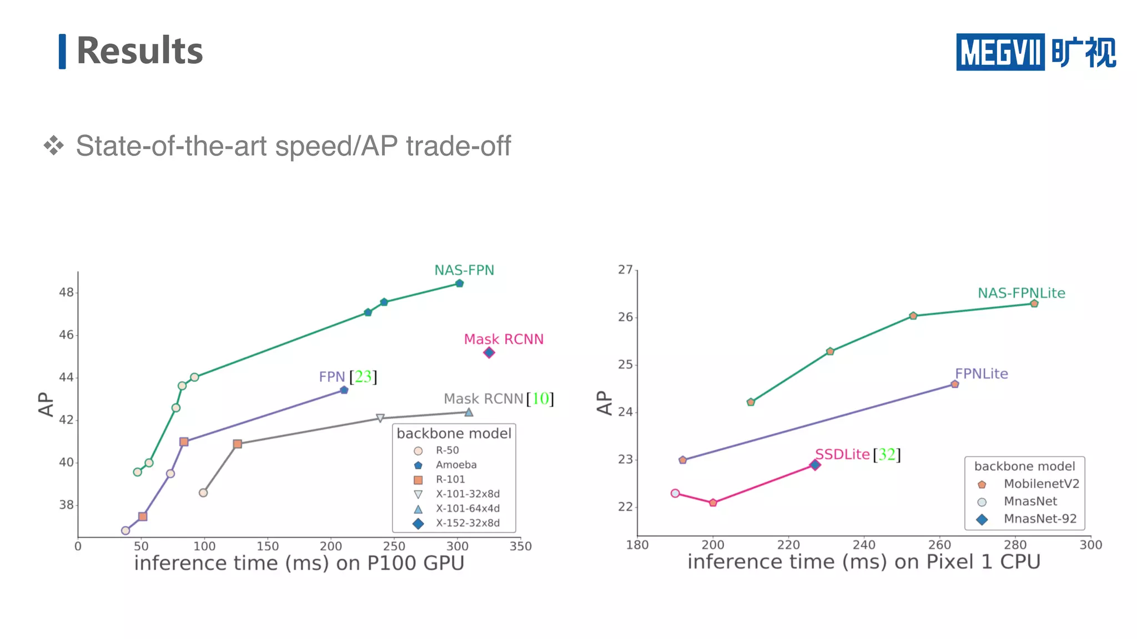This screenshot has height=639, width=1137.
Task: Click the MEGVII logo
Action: click(x=1035, y=52)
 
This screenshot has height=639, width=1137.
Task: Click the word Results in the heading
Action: click(x=139, y=51)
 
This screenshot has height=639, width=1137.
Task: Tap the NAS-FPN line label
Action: click(x=464, y=270)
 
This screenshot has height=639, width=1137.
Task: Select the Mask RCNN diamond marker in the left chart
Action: click(x=489, y=353)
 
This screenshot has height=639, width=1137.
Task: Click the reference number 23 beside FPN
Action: click(x=363, y=377)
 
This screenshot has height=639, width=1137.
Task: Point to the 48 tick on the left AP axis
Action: click(x=66, y=292)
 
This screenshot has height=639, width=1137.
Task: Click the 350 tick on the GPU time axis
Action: click(x=520, y=546)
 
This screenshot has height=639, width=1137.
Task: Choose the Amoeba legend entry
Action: click(x=455, y=465)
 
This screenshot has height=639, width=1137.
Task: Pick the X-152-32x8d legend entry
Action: click(x=467, y=523)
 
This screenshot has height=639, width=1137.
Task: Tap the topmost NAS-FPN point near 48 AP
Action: click(x=459, y=283)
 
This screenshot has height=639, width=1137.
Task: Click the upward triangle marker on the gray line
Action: click(x=469, y=412)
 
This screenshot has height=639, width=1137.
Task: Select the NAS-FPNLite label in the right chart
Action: click(x=1021, y=293)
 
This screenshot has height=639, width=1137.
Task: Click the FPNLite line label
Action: click(x=981, y=374)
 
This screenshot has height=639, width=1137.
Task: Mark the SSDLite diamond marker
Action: click(x=815, y=465)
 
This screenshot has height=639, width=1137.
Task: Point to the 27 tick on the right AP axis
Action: click(x=625, y=270)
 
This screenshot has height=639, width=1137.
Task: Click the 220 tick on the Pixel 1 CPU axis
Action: click(x=788, y=545)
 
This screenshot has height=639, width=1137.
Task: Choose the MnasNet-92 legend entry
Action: click(x=1039, y=519)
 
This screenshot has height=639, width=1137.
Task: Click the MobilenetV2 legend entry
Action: click(x=1041, y=484)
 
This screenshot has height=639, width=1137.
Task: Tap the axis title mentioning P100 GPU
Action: click(x=299, y=563)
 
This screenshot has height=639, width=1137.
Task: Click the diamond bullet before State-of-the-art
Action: click(x=54, y=145)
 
